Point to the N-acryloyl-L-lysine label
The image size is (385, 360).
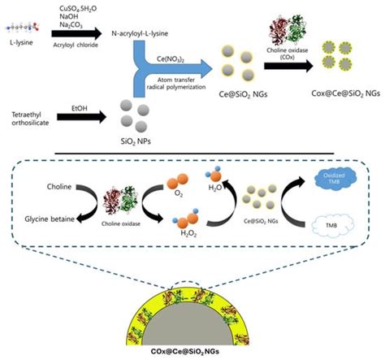click(x=149, y=34)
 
